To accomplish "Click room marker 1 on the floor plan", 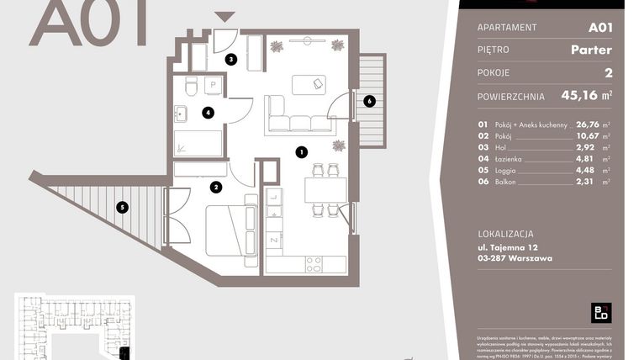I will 300,152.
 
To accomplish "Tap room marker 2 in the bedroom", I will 216,187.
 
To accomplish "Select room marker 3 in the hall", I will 231,59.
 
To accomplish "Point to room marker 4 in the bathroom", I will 208,112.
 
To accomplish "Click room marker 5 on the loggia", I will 122,206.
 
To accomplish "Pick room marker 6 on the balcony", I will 368,101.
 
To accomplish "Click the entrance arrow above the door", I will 224,17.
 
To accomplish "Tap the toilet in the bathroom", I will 191,86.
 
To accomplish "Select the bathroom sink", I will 180,113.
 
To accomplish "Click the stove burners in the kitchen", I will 314,264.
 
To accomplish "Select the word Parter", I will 590,50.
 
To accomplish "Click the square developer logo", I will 601,312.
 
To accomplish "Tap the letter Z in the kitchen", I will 274,241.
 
